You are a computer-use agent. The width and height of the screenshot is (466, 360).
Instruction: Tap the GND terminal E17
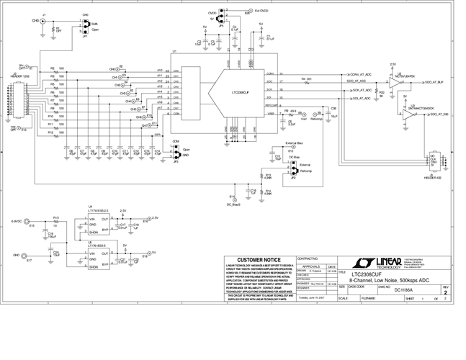(x=28, y=256)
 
